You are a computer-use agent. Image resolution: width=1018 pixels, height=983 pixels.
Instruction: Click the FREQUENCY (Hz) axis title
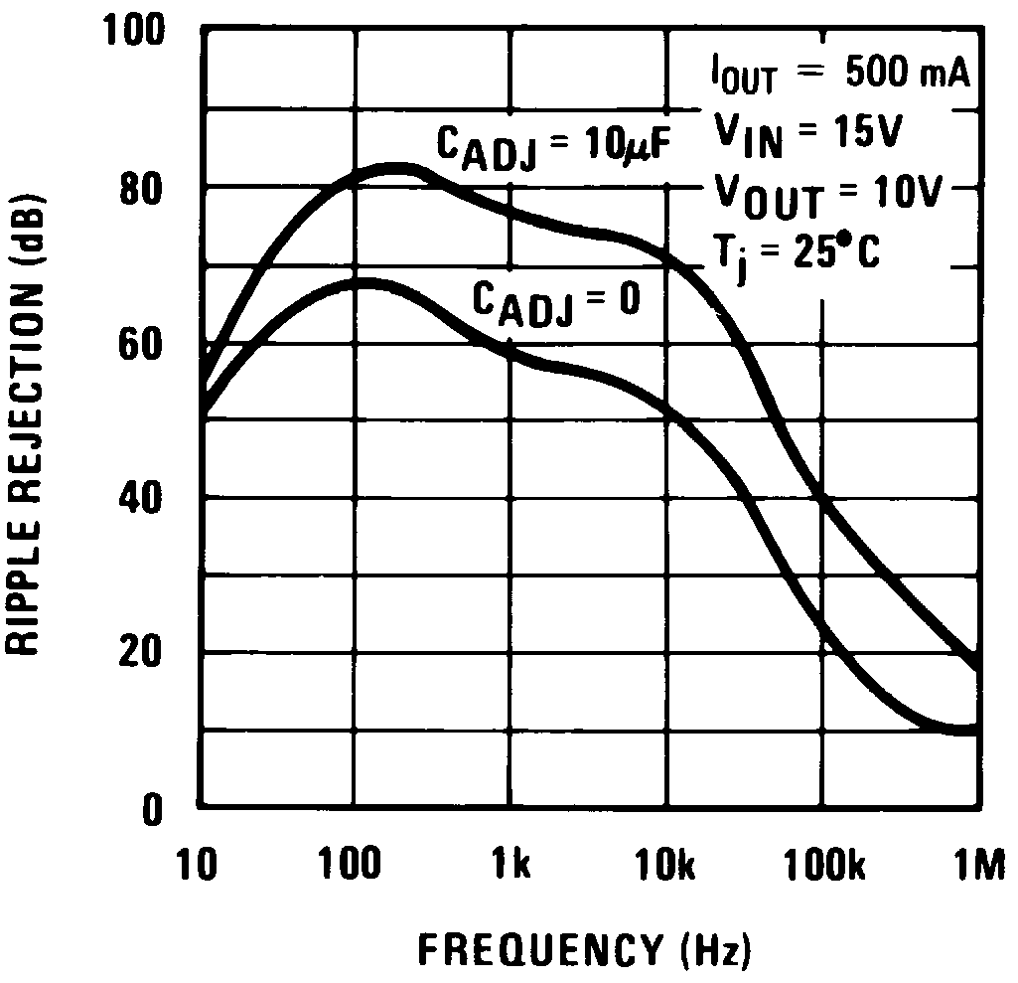pyautogui.click(x=584, y=950)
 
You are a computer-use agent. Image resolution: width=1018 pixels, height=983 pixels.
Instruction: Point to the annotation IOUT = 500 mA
pyautogui.click(x=837, y=76)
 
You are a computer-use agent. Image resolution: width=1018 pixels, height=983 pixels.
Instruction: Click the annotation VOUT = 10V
pyautogui.click(x=823, y=194)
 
